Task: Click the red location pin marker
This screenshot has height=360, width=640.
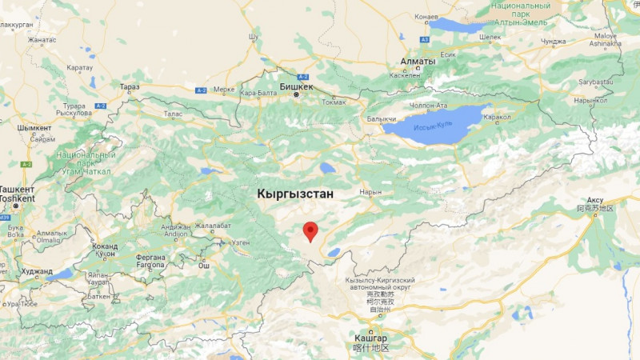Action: click(x=310, y=231)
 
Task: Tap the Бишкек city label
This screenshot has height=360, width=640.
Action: click(x=297, y=86)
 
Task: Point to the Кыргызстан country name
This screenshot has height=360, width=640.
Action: click(x=295, y=194)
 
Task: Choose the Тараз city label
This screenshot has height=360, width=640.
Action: click(x=129, y=86)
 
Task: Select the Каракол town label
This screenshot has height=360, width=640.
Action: click(x=497, y=117)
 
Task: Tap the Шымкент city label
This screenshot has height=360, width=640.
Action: click(x=34, y=128)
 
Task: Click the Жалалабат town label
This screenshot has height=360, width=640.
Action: click(x=211, y=226)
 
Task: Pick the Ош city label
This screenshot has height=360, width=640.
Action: click(x=204, y=266)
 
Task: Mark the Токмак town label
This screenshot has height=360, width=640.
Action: click(x=334, y=102)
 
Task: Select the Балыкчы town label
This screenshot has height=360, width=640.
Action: click(x=380, y=119)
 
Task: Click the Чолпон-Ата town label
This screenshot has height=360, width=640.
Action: click(x=429, y=105)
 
